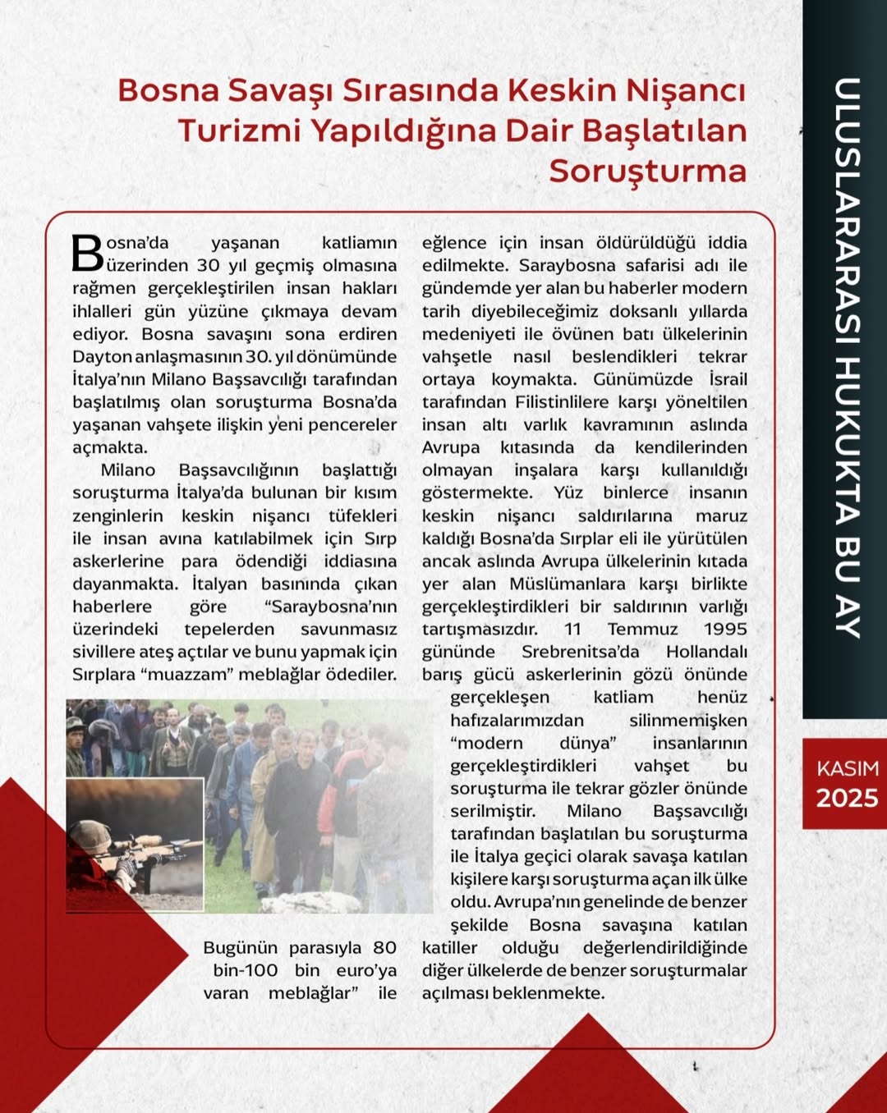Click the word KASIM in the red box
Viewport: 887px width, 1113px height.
(847, 768)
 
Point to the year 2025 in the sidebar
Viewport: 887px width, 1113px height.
(847, 798)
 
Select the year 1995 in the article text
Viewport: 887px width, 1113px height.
(725, 629)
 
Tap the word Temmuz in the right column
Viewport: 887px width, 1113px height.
(642, 629)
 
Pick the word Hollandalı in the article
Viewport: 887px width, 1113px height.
(706, 652)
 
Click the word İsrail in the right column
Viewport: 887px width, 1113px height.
(728, 379)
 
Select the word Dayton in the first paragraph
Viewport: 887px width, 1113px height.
(102, 357)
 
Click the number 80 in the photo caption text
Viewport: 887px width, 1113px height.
(384, 947)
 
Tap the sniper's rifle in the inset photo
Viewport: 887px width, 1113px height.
(156, 845)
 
